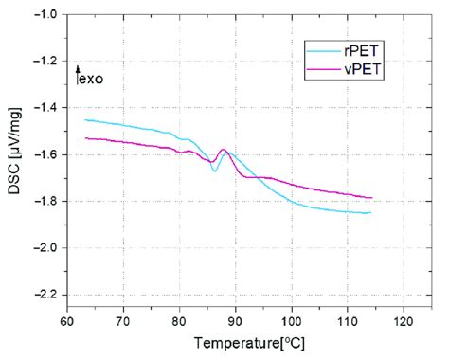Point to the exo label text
click(92, 79)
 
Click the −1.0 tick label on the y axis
click(45, 15)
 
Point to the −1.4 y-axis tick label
click(45, 108)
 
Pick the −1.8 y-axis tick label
click(45, 201)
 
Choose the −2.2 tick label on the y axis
click(45, 294)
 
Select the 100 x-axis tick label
click(292, 320)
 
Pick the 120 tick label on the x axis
click(404, 320)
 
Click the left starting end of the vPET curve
click(85, 138)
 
